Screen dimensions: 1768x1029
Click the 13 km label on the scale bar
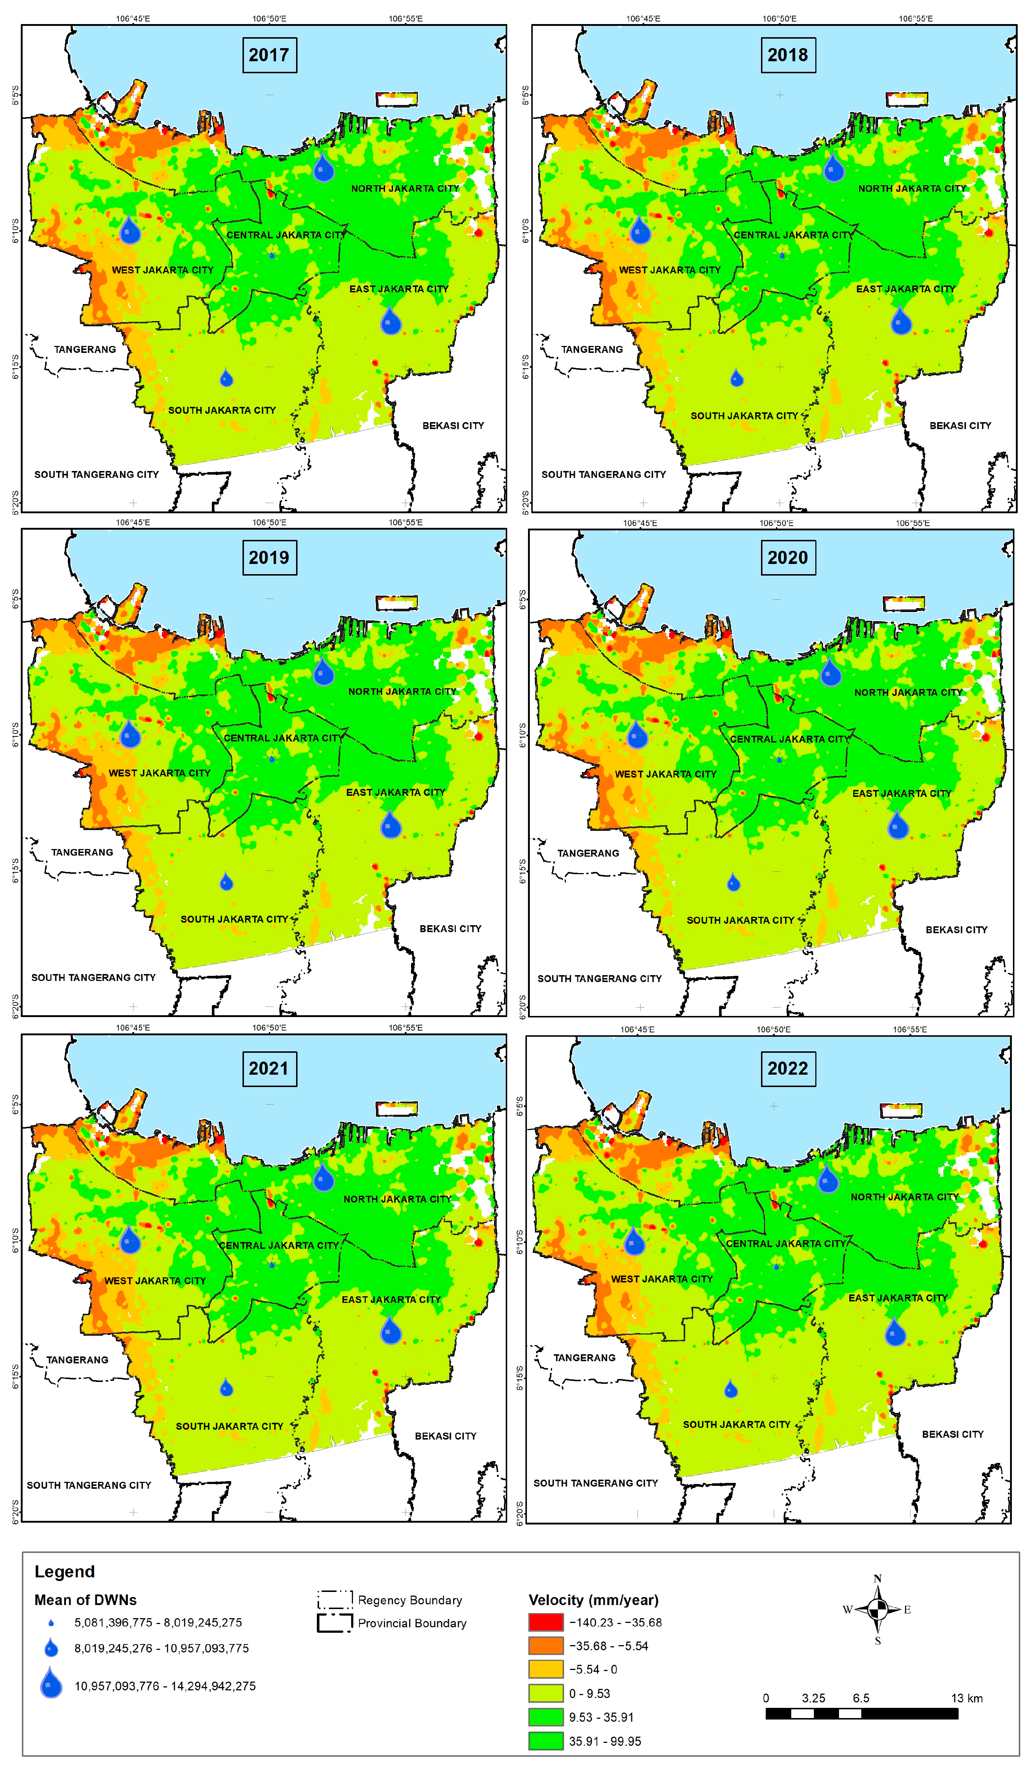(967, 1698)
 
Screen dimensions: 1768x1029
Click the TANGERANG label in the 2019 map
(82, 852)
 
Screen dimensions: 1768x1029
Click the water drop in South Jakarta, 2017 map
(226, 379)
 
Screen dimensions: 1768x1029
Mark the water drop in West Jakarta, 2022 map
(634, 1242)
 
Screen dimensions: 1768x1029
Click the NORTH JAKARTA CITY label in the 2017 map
(405, 189)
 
